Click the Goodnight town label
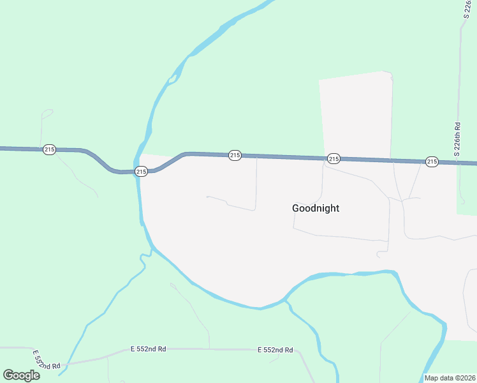click(315, 208)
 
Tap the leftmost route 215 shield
click(49, 149)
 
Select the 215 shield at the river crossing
click(141, 171)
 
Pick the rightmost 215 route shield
click(432, 161)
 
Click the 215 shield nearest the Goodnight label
click(333, 158)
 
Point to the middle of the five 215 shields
click(235, 155)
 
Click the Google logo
click(22, 375)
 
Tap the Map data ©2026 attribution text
click(450, 378)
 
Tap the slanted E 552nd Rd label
click(46, 360)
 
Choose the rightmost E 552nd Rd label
click(275, 350)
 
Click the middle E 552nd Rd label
click(148, 349)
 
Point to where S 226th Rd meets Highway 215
click(459, 163)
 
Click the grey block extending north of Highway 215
click(356, 115)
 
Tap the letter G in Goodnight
click(296, 208)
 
